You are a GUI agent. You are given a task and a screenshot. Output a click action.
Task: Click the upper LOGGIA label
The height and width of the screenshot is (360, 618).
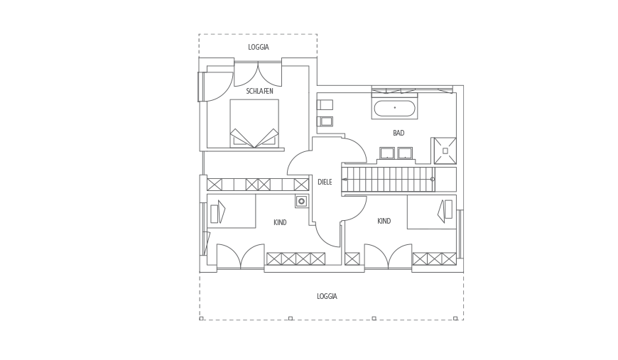pos(259,48)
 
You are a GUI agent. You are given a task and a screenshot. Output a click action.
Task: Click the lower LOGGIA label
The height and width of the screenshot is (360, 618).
pos(327,296)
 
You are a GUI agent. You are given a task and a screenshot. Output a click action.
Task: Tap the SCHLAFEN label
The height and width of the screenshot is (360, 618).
pos(260,91)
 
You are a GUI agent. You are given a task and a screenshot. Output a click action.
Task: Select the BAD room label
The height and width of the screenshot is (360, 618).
pos(399,133)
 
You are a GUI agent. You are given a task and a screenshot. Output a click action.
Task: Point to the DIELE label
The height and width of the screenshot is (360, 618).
pos(325,182)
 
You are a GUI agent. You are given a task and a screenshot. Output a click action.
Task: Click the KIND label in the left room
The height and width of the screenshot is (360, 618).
pos(280,222)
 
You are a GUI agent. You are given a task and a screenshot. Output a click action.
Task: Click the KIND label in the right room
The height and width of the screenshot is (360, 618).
pos(384,221)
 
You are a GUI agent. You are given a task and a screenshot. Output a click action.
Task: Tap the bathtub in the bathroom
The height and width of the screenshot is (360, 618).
pos(394,109)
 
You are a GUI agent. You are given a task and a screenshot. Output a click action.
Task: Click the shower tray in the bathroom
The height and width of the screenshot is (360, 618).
pos(445,151)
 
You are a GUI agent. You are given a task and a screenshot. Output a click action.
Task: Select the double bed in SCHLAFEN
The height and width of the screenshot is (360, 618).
pos(254,124)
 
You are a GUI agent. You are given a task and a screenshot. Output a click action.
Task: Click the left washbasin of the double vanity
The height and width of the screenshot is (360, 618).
pos(387,153)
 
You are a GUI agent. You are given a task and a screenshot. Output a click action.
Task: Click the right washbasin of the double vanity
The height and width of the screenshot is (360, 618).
pos(405,153)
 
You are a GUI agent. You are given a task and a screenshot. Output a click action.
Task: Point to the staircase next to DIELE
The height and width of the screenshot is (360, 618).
pos(389,179)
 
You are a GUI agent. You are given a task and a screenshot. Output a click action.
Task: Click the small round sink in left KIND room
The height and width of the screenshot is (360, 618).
pos(301,201)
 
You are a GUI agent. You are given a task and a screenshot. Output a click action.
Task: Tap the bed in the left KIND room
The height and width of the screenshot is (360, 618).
pos(232,211)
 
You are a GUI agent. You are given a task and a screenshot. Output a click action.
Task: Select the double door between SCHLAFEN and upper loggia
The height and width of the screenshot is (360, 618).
pos(258,74)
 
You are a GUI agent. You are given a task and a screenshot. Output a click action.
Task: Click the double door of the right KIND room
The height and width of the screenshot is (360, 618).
pos(389,257)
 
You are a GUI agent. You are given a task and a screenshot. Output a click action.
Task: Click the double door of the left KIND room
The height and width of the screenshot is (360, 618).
pos(240,257)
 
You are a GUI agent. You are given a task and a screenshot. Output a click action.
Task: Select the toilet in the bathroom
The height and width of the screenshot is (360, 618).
pos(325,121)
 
